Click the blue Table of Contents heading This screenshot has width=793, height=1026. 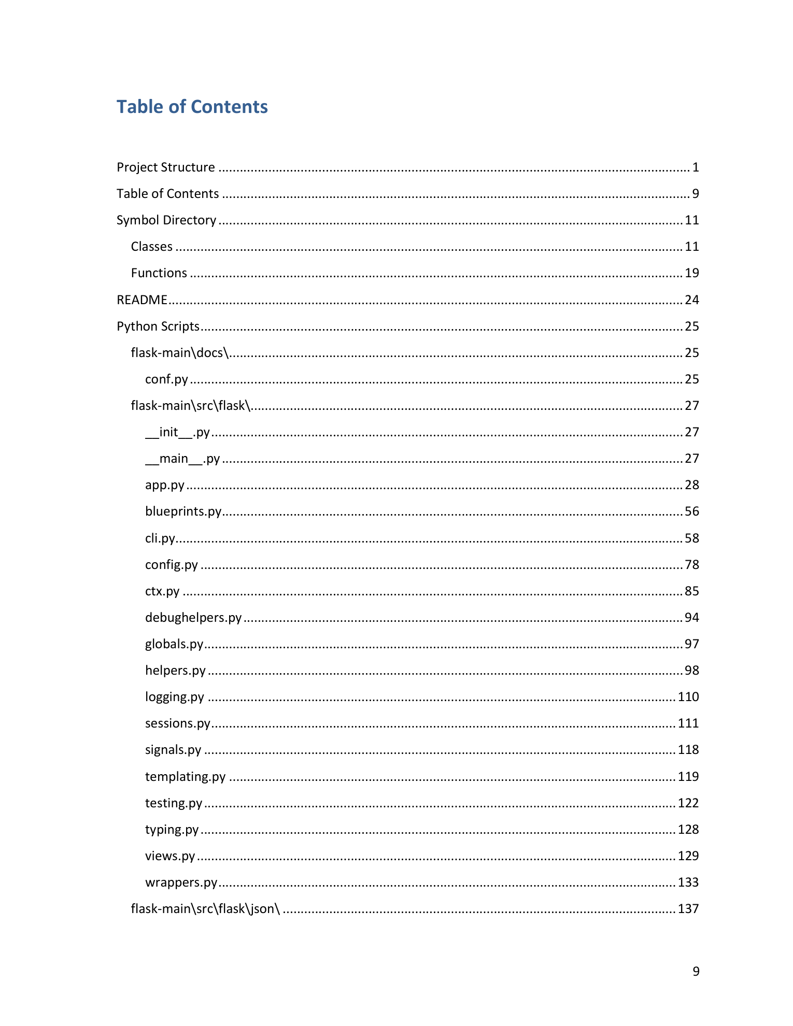click(x=192, y=107)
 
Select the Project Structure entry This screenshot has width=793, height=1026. click(x=165, y=167)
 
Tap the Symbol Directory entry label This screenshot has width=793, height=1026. click(x=166, y=220)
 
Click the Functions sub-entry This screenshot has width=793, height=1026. click(x=159, y=273)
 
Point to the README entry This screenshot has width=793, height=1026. click(x=141, y=300)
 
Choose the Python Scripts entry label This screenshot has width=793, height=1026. click(x=158, y=326)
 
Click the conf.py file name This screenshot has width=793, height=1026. click(x=166, y=379)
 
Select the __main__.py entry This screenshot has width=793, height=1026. click(x=182, y=459)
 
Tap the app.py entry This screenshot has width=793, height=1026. click(x=165, y=485)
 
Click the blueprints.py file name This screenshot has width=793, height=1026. click(x=183, y=511)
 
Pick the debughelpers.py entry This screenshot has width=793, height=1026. click(x=193, y=618)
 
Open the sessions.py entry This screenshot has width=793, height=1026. click(x=178, y=723)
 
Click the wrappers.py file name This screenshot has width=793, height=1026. click(x=181, y=882)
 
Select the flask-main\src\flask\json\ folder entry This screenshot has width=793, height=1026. click(x=205, y=909)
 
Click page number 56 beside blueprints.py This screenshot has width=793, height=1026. click(x=691, y=511)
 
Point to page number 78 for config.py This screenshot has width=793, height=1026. click(x=691, y=565)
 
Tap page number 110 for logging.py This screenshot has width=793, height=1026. click(x=688, y=697)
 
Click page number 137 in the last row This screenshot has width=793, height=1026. click(x=688, y=909)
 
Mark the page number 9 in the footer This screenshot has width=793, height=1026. click(x=696, y=972)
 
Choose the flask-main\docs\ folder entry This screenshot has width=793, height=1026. click(x=180, y=353)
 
